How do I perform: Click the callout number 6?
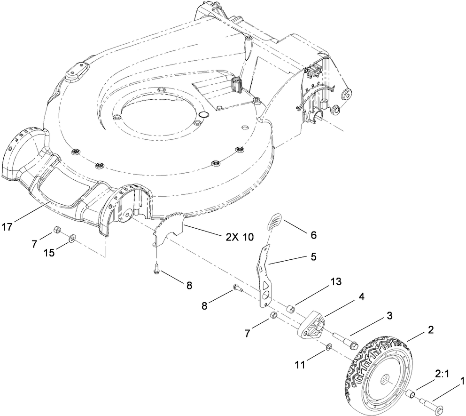(x=313, y=234)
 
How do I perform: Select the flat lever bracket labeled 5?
(x=264, y=278)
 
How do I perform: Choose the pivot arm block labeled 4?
(x=311, y=325)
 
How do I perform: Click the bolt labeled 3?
(x=345, y=341)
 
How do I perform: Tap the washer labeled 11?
(x=328, y=348)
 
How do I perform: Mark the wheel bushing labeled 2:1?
(x=410, y=393)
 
